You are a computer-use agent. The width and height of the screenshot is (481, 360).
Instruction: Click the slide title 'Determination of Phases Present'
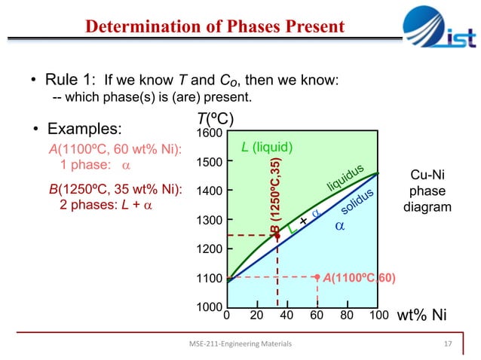coord(215,27)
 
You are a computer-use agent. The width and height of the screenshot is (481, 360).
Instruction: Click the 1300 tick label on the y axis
coord(209,220)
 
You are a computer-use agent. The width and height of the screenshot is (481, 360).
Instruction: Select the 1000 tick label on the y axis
coord(209,307)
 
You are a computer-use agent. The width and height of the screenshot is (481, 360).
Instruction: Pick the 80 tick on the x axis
coord(347,316)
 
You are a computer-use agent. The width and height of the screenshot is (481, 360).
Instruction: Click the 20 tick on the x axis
coord(256,316)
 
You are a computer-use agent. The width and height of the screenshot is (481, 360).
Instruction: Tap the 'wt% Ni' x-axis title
coord(421,316)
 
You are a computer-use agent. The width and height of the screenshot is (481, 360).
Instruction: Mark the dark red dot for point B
coord(277,236)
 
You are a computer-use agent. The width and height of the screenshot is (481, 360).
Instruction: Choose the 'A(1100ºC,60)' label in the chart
coord(358,278)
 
